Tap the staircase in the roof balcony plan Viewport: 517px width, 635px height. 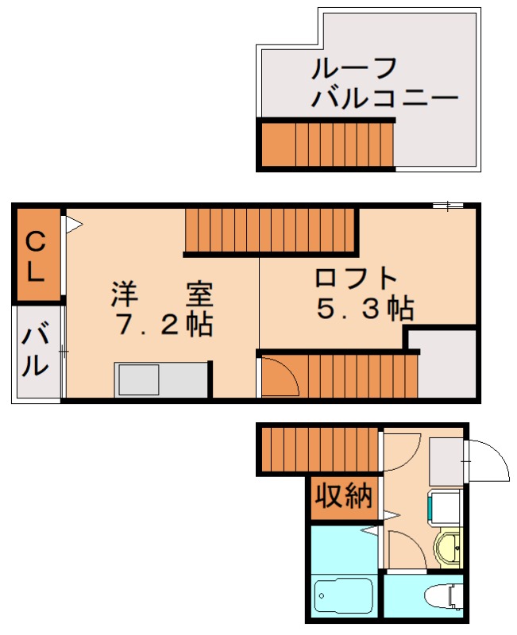click(x=326, y=144)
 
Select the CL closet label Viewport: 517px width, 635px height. click(x=36, y=256)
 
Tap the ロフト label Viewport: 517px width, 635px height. click(x=355, y=279)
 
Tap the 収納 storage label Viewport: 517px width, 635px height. click(x=344, y=497)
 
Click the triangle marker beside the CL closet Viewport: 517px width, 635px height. click(x=72, y=225)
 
